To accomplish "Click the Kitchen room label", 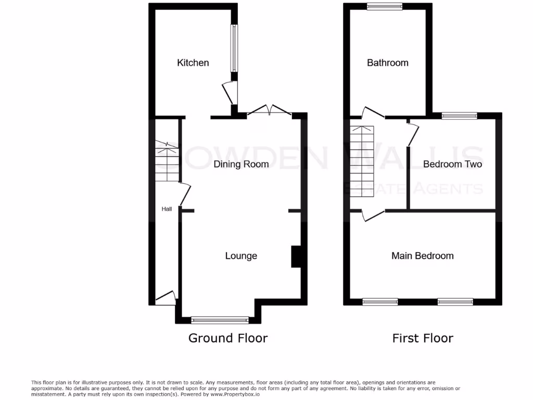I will (x=193, y=63).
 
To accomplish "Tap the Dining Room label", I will (x=241, y=165).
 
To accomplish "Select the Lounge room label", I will (x=241, y=256).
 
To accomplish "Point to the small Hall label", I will (x=167, y=209).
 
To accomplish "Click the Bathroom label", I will (x=388, y=63).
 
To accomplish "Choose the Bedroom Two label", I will (x=452, y=165).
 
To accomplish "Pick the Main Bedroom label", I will (x=422, y=256).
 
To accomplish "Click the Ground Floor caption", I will (x=228, y=338).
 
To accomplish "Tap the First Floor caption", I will (x=423, y=338).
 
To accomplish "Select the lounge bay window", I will (x=220, y=320).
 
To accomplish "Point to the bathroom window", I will (x=384, y=6).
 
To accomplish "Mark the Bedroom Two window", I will (x=459, y=116).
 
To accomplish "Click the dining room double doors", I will (x=269, y=110).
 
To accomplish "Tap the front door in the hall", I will (x=166, y=298).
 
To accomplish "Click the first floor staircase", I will (x=362, y=161).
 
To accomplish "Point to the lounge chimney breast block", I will (x=296, y=256).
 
